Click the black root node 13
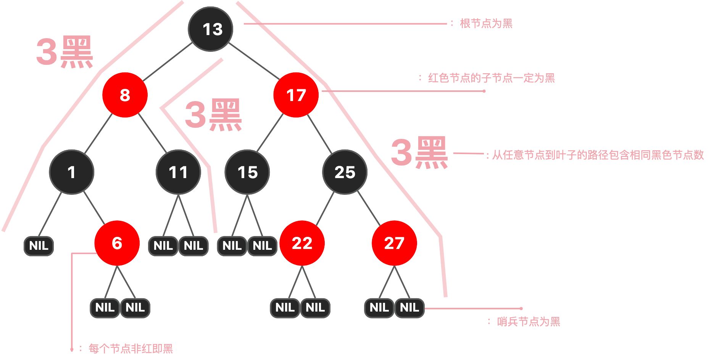pyautogui.click(x=211, y=29)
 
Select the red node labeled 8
pyautogui.click(x=125, y=95)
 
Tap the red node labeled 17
pyautogui.click(x=296, y=95)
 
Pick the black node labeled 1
pyautogui.click(x=71, y=172)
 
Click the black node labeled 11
pyautogui.click(x=178, y=172)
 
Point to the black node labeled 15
pyautogui.click(x=247, y=172)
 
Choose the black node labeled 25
pyautogui.click(x=345, y=172)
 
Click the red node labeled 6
pyautogui.click(x=117, y=243)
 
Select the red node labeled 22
pyautogui.click(x=302, y=243)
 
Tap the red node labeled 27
pyautogui.click(x=394, y=243)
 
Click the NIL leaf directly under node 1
pyautogui.click(x=39, y=246)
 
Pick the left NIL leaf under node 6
pyautogui.click(x=105, y=307)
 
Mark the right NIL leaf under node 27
pyautogui.click(x=409, y=307)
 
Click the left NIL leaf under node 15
pyautogui.click(x=232, y=246)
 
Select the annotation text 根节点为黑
pyautogui.click(x=486, y=24)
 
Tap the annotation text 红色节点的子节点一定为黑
pyautogui.click(x=491, y=78)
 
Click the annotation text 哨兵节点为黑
pyautogui.click(x=528, y=321)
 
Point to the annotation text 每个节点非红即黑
pyautogui.click(x=131, y=348)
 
